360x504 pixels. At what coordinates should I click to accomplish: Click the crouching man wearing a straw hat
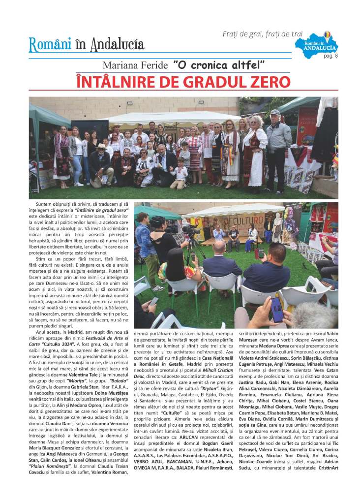point(101,162)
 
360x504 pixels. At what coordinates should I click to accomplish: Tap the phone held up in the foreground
point(276,310)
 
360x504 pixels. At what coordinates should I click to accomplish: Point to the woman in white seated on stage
point(251,234)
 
